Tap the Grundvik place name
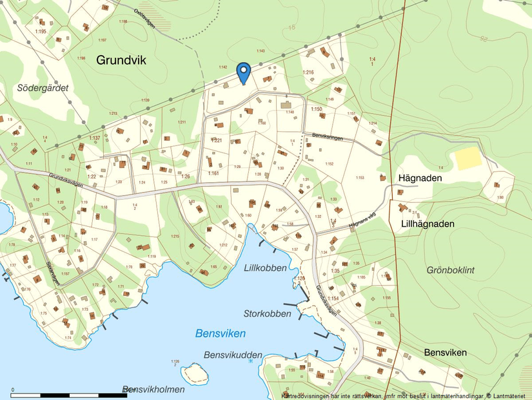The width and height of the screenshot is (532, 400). click(121, 60)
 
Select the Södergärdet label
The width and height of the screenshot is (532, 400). click(43, 87)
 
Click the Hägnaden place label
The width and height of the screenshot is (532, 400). click(420, 177)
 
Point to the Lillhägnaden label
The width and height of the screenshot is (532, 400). click(428, 224)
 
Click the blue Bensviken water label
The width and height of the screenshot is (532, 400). click(221, 333)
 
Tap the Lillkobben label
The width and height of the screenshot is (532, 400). click(265, 268)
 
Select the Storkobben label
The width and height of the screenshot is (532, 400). click(267, 313)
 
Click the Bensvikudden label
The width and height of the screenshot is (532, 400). click(233, 355)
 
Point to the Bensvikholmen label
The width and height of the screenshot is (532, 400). click(153, 389)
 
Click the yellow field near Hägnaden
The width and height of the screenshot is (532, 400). click(469, 159)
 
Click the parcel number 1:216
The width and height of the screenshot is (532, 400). click(308, 72)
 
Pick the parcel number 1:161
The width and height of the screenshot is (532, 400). click(213, 173)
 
